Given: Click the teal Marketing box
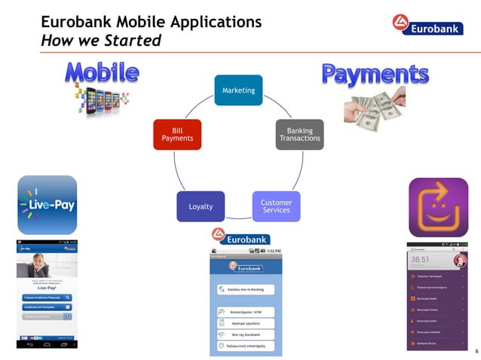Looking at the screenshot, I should (238, 90).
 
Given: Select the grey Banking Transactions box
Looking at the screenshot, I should (299, 134).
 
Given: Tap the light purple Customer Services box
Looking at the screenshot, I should (276, 206).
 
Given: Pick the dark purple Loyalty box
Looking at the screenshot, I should (201, 206).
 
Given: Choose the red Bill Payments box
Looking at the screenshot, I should (177, 133).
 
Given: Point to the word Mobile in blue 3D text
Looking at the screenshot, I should (102, 73).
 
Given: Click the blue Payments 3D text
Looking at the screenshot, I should (375, 75).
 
